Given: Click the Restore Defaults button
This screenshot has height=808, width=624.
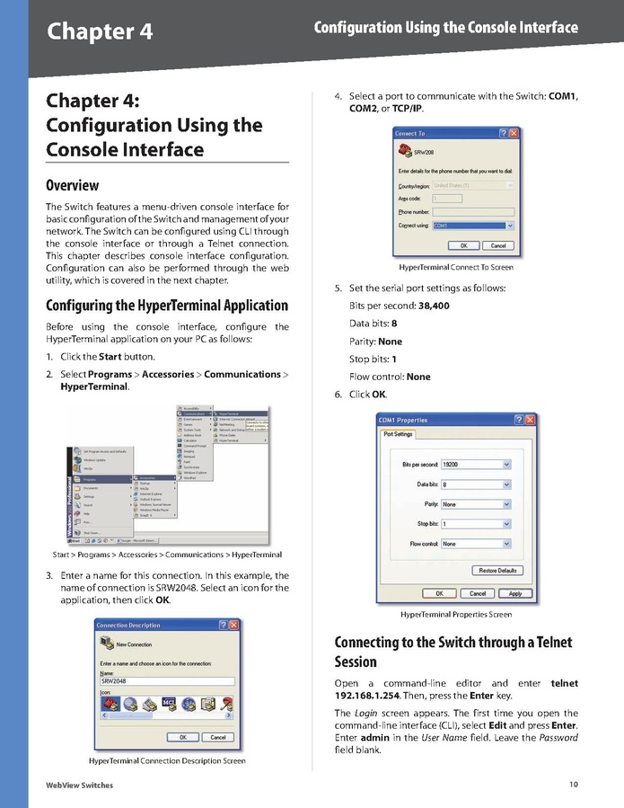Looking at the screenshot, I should coord(497,571).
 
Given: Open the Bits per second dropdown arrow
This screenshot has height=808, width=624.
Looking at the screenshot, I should coord(507,464).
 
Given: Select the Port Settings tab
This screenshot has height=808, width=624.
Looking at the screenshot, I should coord(398,434).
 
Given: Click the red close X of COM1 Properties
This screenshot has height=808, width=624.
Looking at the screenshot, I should coord(530,420).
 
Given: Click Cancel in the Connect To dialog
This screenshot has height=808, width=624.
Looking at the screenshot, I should coord(498,245).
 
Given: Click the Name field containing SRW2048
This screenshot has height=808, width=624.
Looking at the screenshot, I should coord(166,682).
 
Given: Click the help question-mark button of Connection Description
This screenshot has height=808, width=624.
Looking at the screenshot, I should coord(222,625).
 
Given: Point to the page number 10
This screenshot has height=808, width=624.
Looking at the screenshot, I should coord(573,785).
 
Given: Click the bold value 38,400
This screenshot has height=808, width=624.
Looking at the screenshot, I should coord(434,306).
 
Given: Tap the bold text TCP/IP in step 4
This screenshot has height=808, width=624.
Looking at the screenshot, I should coord(408,109).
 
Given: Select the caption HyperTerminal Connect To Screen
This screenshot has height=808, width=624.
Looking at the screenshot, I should coord(456,267).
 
